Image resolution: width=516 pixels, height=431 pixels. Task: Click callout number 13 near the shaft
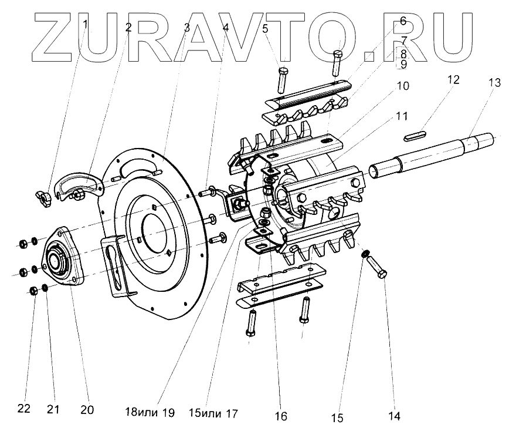494,83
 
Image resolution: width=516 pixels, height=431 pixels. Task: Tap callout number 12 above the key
454,79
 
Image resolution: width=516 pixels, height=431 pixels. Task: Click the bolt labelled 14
378,270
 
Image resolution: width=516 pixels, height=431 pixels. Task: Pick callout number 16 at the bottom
281,416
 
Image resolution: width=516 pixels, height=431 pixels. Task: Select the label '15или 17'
213,413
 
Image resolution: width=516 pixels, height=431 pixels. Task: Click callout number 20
87,409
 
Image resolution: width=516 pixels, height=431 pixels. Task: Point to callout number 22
23,409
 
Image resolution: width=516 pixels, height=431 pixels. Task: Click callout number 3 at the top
186,28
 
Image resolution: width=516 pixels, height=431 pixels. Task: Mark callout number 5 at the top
266,28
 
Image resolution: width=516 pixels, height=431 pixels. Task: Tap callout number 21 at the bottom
54,409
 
